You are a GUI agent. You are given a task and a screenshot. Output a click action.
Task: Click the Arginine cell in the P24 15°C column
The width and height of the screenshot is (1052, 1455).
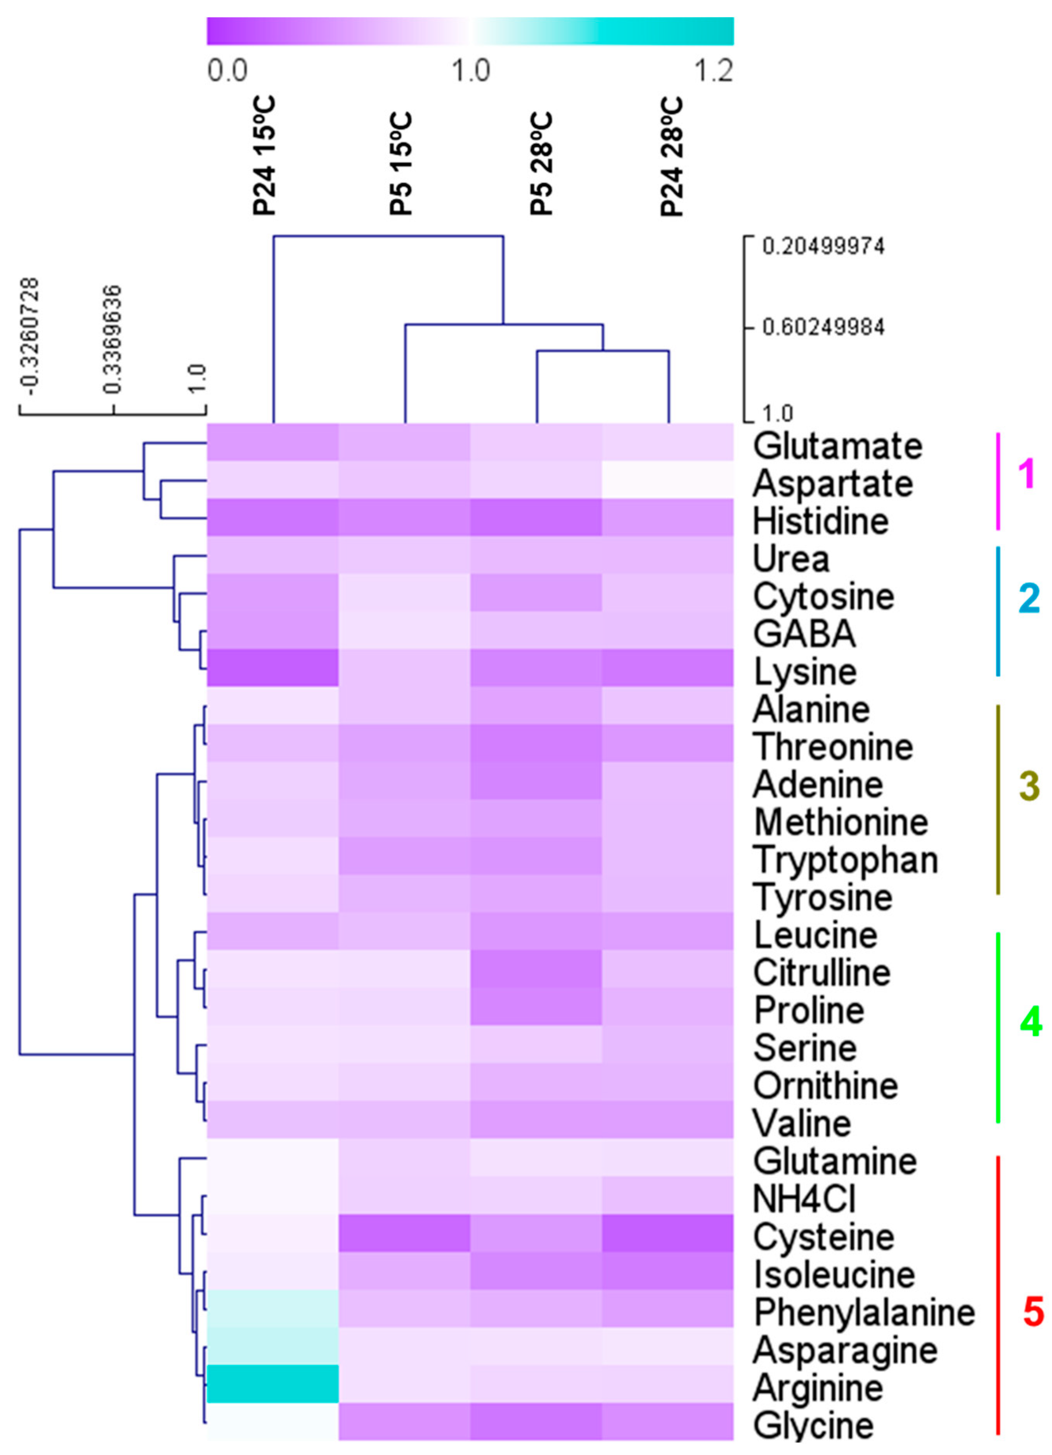tap(273, 1384)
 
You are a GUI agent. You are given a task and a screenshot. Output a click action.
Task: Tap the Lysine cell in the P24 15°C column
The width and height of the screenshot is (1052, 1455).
tap(273, 668)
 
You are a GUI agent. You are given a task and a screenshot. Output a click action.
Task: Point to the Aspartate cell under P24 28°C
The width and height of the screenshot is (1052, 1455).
tap(668, 481)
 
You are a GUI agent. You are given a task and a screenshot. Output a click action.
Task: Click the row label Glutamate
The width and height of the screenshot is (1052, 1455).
tap(837, 446)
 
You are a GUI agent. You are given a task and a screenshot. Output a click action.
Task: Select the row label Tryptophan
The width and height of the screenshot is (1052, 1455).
tap(846, 859)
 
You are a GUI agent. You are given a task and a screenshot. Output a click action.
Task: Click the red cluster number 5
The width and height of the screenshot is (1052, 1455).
tap(1033, 1312)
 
